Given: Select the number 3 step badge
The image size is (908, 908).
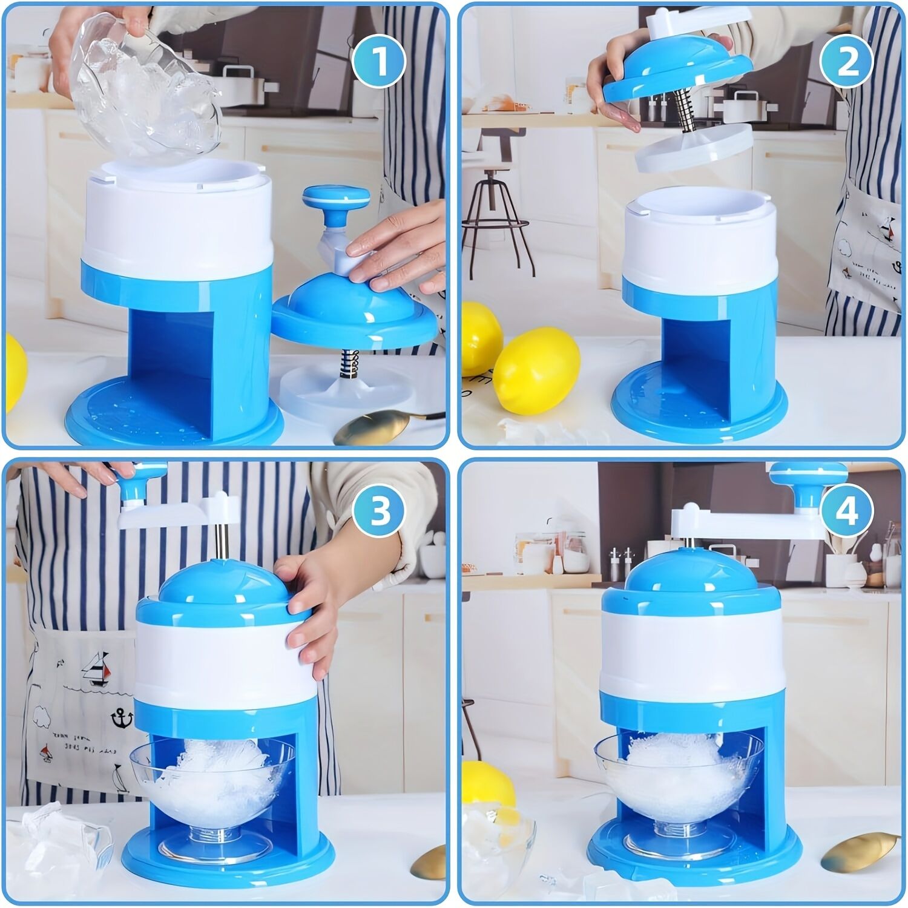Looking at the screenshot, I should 380,512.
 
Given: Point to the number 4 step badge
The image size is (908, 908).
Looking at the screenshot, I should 846,512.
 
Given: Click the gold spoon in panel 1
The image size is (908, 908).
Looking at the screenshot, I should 369,427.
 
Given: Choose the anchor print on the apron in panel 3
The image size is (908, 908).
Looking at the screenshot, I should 120,719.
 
